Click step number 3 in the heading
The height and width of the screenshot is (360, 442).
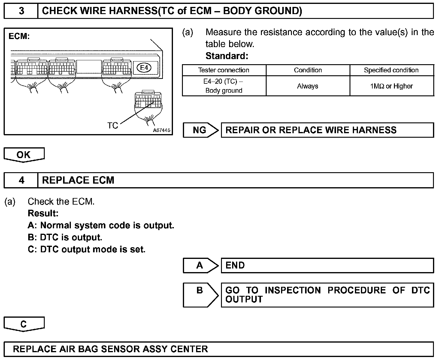click(21, 11)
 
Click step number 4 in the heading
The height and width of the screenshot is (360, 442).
click(21, 180)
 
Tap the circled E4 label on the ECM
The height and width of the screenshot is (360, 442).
click(144, 68)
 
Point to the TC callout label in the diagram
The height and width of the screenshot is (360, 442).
click(113, 125)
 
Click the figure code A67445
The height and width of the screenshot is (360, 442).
click(162, 130)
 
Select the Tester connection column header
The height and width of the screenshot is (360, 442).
click(224, 70)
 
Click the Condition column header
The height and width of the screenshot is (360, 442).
click(308, 70)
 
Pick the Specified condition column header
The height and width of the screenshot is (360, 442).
click(391, 70)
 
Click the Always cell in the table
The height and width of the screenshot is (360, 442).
click(308, 86)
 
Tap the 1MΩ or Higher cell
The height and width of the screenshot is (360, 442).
click(391, 86)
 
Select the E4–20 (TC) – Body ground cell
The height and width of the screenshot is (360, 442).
click(224, 86)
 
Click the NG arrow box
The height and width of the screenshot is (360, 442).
click(201, 130)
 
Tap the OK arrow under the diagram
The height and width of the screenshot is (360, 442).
click(24, 155)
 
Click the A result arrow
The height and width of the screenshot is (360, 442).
click(201, 265)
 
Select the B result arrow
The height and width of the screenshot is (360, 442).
click(201, 295)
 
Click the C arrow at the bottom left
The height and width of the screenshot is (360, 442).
click(24, 324)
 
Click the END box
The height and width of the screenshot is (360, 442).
click(327, 265)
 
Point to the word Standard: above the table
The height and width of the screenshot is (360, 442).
click(227, 56)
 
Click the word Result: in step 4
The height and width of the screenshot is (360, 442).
click(43, 214)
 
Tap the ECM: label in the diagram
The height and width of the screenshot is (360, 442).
click(19, 37)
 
